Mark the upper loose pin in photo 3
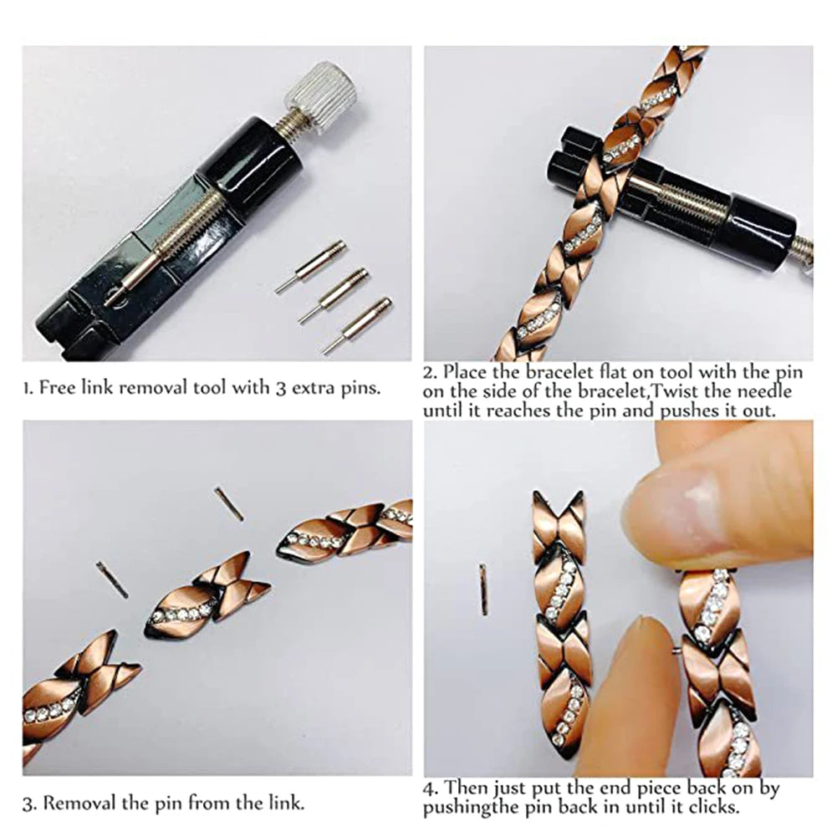(228, 503)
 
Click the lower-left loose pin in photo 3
(111, 579)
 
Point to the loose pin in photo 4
(483, 589)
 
